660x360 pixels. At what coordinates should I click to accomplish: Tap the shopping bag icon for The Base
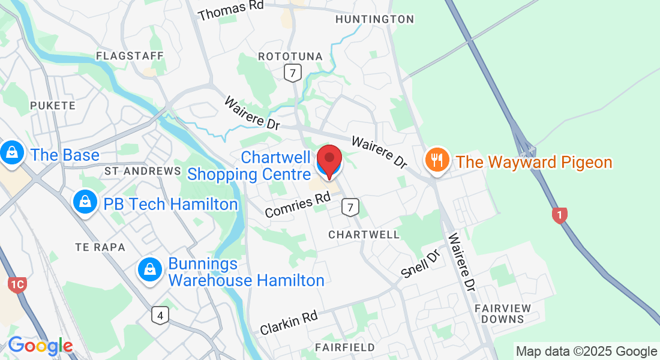click(11, 154)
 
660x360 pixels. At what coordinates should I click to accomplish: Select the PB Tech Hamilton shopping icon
click(85, 203)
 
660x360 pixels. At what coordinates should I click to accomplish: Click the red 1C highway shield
click(18, 284)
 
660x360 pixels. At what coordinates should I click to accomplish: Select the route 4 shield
click(160, 315)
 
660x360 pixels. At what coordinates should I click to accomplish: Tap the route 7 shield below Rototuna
click(292, 73)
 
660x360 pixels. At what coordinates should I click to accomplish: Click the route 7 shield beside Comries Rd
click(350, 208)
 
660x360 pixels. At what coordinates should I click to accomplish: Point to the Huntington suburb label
click(374, 19)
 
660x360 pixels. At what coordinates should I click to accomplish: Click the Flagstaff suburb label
click(130, 56)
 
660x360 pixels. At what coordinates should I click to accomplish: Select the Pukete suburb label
click(53, 106)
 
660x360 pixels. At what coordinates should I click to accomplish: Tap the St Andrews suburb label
click(142, 171)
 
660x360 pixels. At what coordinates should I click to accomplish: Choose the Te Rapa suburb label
click(100, 247)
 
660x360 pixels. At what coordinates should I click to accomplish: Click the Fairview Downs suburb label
click(503, 313)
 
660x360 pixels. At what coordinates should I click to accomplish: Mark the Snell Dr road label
click(421, 265)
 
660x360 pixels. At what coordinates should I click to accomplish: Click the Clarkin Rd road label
click(289, 323)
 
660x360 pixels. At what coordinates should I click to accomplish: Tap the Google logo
click(40, 346)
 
